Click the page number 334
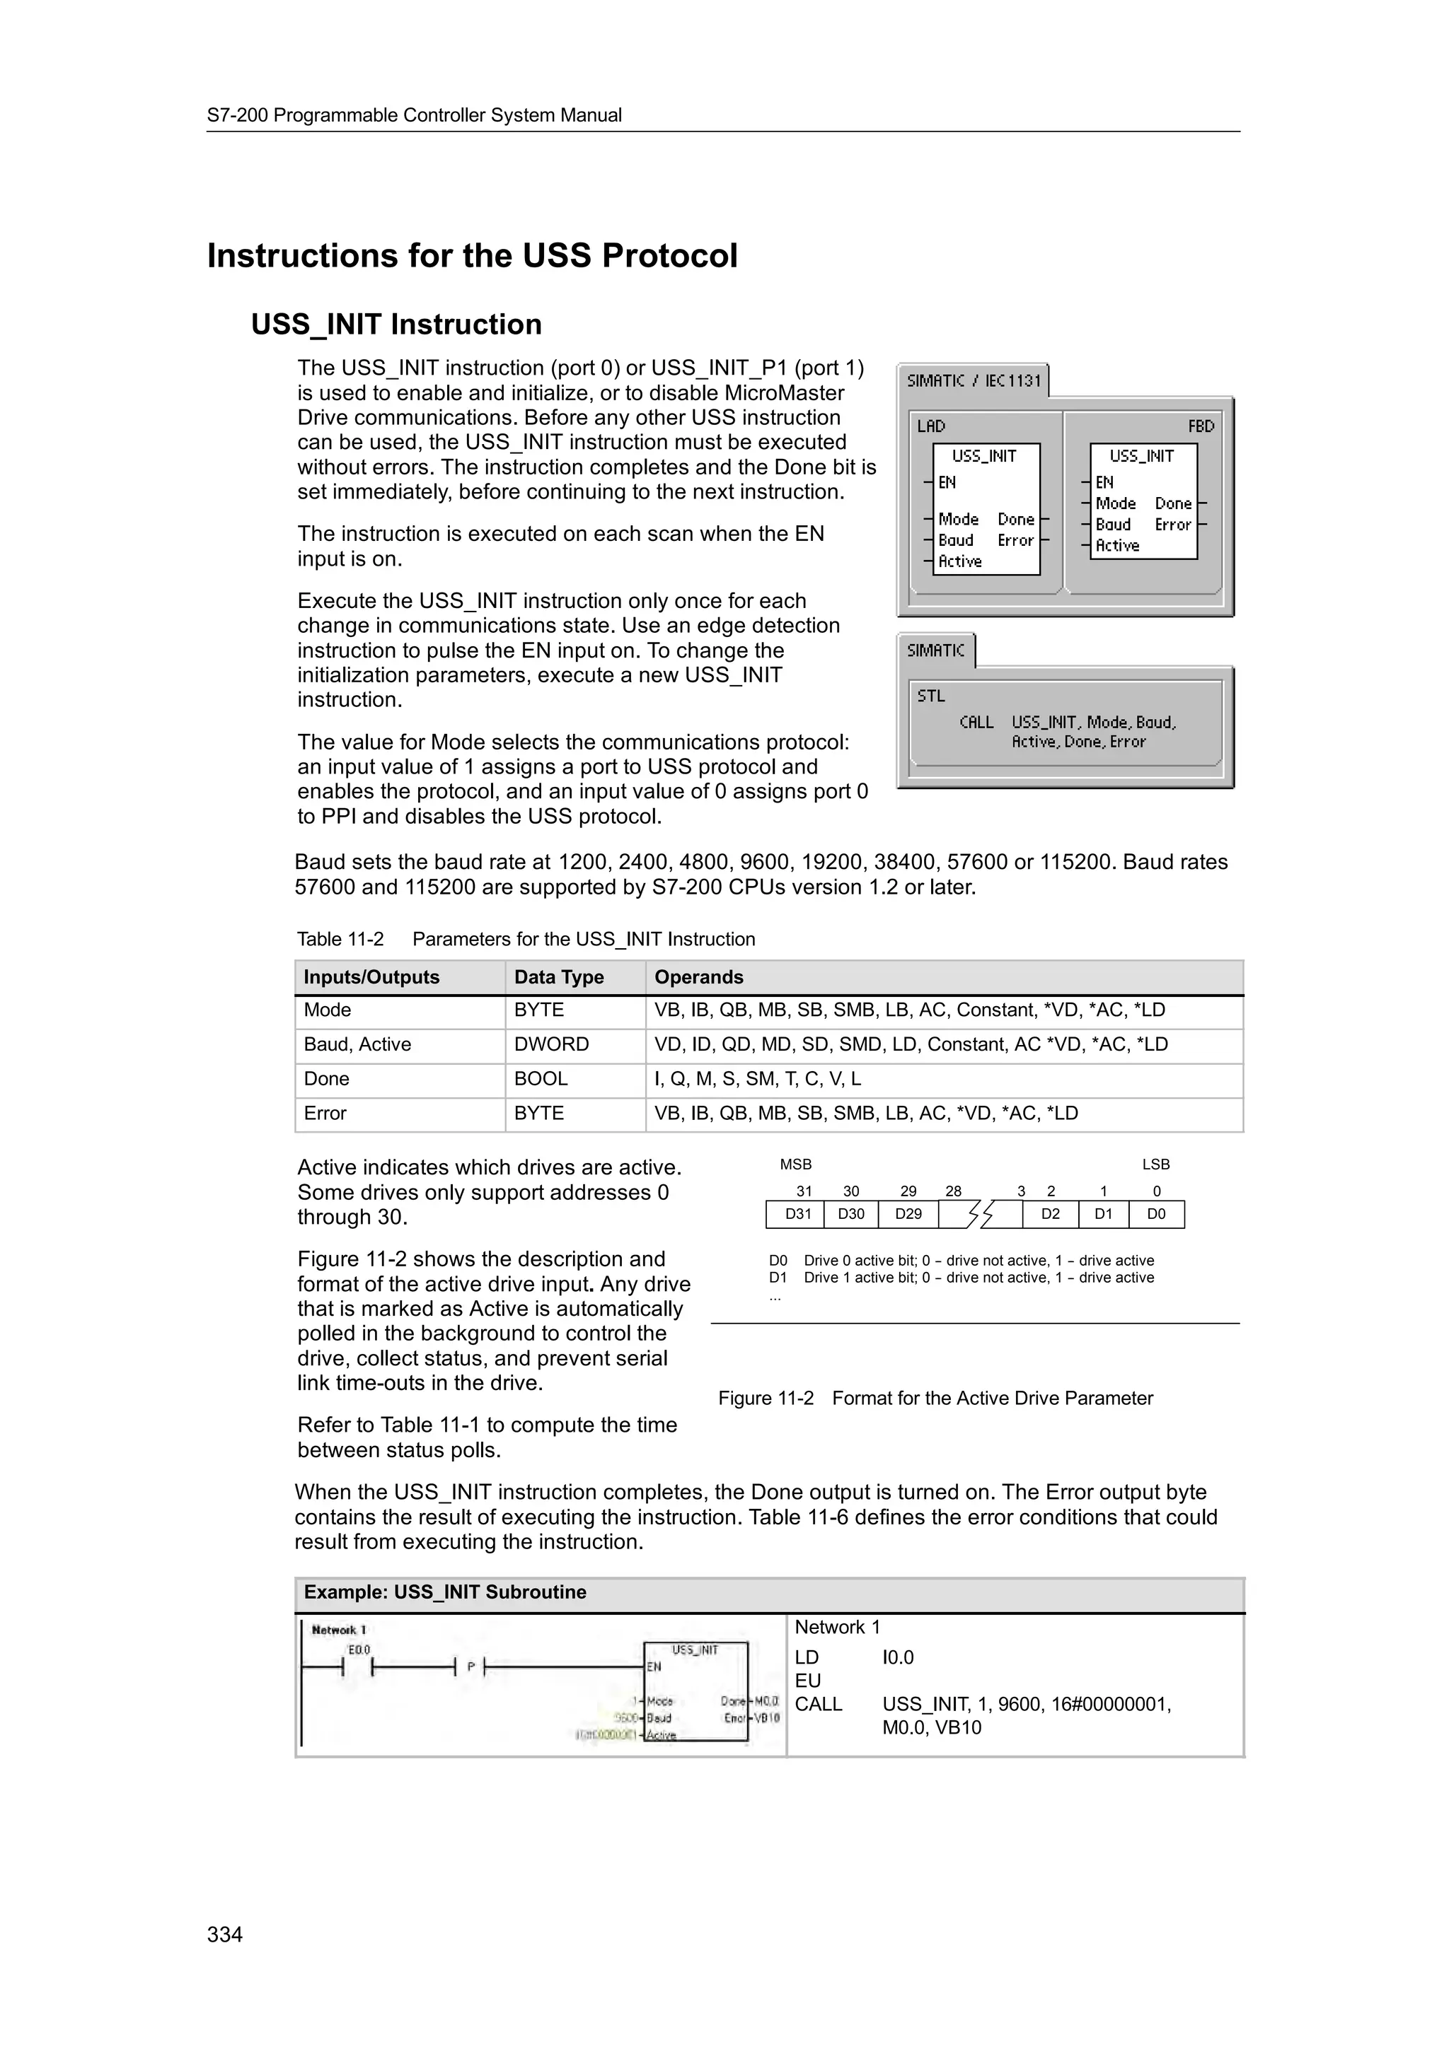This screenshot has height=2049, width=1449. pyautogui.click(x=224, y=1934)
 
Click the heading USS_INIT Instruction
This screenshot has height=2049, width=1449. pyautogui.click(x=396, y=324)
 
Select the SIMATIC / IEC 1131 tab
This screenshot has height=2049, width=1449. pyautogui.click(x=973, y=381)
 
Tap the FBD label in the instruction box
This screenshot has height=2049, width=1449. pyautogui.click(x=1200, y=426)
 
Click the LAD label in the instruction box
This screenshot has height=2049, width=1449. pyautogui.click(x=930, y=426)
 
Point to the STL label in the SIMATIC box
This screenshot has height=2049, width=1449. pyautogui.click(x=930, y=696)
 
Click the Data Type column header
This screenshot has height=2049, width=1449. pyautogui.click(x=559, y=977)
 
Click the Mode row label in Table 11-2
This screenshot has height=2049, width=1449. pyautogui.click(x=328, y=1010)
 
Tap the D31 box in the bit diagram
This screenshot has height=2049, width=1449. pyautogui.click(x=797, y=1215)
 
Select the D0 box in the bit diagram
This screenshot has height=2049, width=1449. pyautogui.click(x=1156, y=1215)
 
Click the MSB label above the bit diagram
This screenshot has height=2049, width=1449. pyautogui.click(x=795, y=1164)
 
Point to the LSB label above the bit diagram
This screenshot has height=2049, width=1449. pyautogui.click(x=1155, y=1164)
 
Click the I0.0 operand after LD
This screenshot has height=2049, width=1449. pyautogui.click(x=897, y=1658)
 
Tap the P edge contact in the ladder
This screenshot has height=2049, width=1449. pyautogui.click(x=471, y=1667)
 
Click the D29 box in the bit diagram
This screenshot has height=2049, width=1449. pyautogui.click(x=908, y=1215)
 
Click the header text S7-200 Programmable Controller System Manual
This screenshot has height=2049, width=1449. pyautogui.click(x=415, y=115)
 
